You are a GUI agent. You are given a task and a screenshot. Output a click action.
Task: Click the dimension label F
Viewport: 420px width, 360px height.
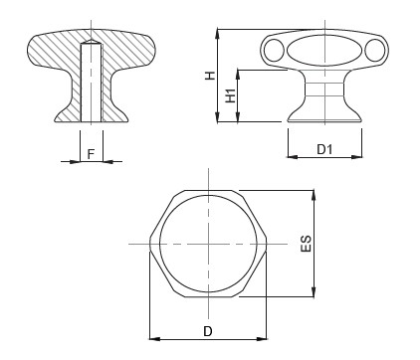91,154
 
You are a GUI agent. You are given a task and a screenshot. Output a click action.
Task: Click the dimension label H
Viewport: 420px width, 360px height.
210,76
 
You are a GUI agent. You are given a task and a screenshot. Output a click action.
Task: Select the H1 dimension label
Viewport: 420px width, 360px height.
231,95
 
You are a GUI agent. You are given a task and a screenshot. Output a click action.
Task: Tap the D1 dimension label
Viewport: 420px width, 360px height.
324,149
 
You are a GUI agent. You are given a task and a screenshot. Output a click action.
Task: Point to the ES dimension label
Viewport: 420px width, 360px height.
307,244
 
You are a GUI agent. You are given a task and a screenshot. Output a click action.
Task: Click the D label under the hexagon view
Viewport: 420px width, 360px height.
208,331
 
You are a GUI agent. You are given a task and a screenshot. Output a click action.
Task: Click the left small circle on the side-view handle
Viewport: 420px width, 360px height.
274,51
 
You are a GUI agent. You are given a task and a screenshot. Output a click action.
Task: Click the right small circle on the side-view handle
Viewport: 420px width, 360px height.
375,51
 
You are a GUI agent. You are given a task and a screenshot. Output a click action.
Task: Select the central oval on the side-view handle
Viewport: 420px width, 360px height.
324,51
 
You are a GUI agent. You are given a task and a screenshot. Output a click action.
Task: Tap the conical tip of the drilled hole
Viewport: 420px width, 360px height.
91,42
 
